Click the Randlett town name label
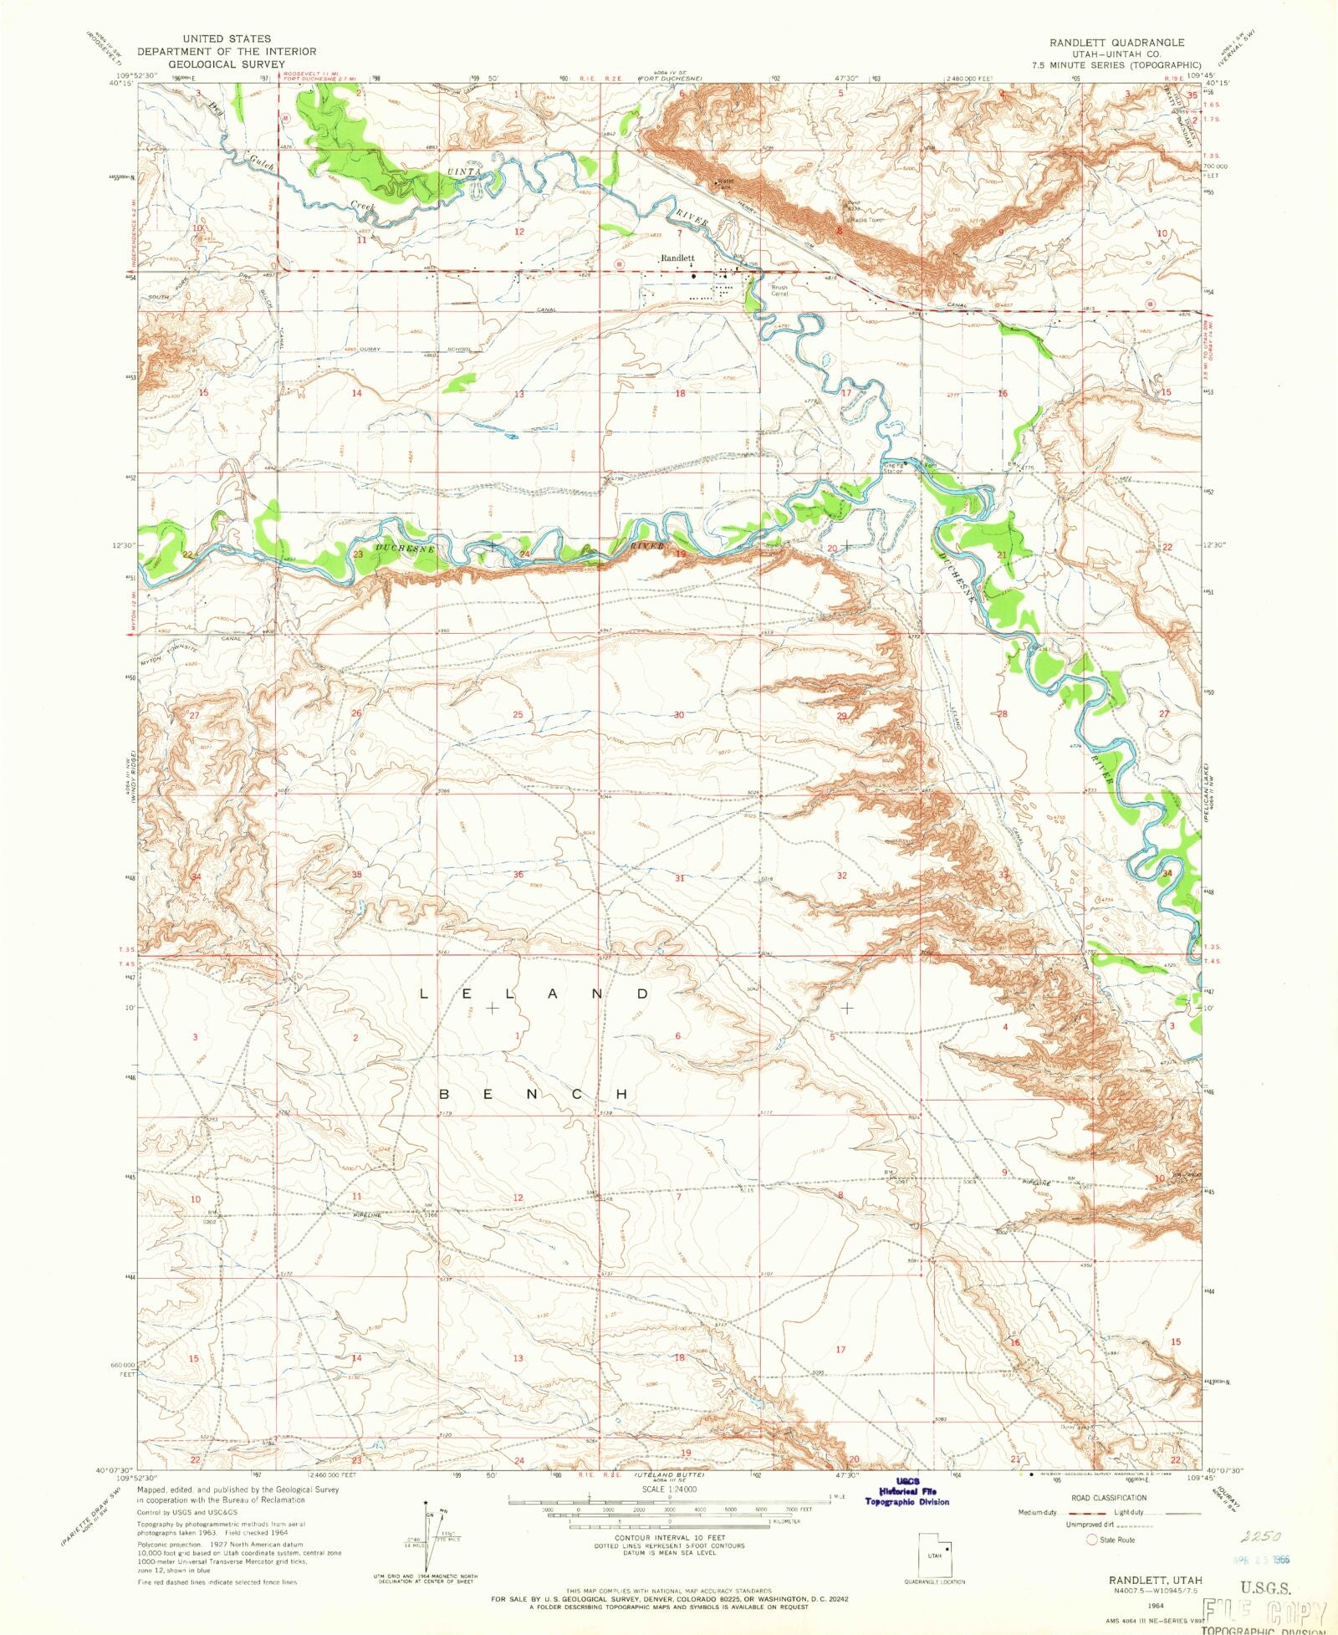tap(677, 258)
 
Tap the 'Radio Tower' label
tap(867, 219)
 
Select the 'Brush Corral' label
tap(779, 291)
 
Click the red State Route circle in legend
tap(1090, 1540)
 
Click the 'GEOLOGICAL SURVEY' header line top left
tap(220, 63)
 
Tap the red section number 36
tap(518, 875)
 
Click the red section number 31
tap(680, 878)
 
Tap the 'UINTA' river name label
tap(464, 171)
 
